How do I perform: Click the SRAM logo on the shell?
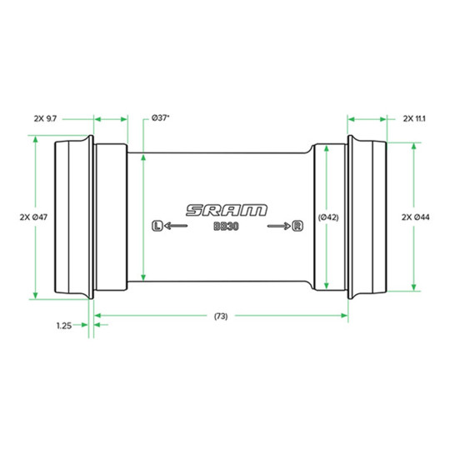pyautogui.click(x=227, y=210)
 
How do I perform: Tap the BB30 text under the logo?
pyautogui.click(x=226, y=227)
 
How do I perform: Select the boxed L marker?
pyautogui.click(x=157, y=226)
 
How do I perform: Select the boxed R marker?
pyautogui.click(x=297, y=226)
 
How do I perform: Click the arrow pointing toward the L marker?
pyautogui.click(x=176, y=226)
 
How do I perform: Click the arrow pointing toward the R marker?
pyautogui.click(x=279, y=226)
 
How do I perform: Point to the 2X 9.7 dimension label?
pyautogui.click(x=45, y=118)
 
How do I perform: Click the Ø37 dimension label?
pyautogui.click(x=160, y=118)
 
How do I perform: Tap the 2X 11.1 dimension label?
pyautogui.click(x=414, y=118)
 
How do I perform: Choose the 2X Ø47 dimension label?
pyautogui.click(x=33, y=217)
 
